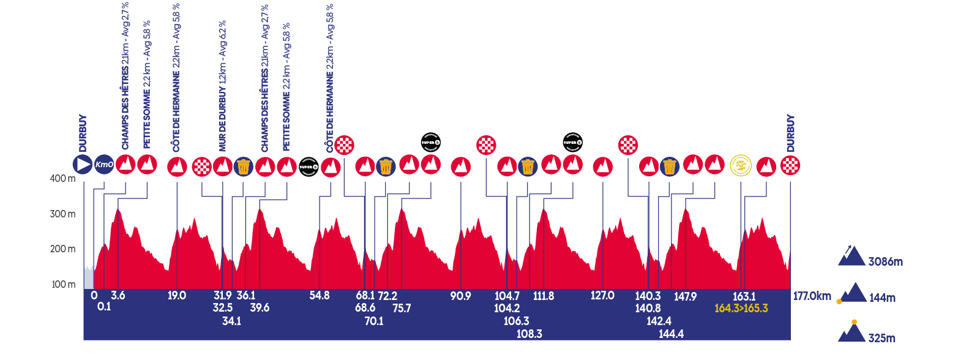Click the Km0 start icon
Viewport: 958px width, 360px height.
coord(104,165)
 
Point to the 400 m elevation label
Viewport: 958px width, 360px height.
coord(64,179)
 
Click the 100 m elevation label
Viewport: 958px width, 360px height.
coord(64,284)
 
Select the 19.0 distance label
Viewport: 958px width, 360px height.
coord(177,296)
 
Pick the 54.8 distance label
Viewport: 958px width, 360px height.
coord(320,296)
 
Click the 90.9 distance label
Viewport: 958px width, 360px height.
coord(460,296)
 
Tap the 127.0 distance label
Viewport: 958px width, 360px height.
coord(603,296)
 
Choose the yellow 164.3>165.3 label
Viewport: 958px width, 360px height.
coord(741,308)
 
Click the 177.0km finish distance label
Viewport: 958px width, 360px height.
coord(812,296)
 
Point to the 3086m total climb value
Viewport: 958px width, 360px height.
coord(886,262)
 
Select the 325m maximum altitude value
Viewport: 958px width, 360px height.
coord(881,337)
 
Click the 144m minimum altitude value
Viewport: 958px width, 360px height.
coord(881,298)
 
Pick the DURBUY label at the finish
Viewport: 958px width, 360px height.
coord(790,133)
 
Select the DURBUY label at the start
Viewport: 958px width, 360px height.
coord(83,133)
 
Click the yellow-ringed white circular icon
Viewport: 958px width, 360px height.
coord(741,165)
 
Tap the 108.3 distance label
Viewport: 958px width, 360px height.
coord(530,334)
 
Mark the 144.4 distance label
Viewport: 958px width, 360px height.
coord(671,334)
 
